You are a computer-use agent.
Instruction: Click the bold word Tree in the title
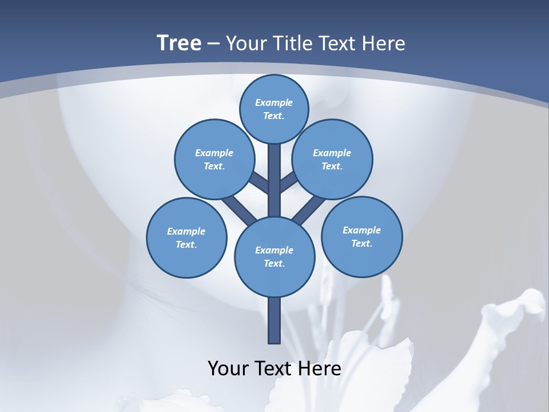pos(179,43)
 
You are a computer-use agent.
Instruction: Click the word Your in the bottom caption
pos(228,369)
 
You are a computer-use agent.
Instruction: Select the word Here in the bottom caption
pos(320,369)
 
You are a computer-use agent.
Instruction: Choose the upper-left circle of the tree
pos(214,159)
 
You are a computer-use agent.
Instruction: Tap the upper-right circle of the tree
pos(332,159)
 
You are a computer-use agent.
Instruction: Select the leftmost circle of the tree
pos(186,237)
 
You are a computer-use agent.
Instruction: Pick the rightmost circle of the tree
pos(362,236)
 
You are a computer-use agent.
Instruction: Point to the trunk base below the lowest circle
pos(274,320)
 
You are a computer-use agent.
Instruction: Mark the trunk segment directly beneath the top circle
pos(274,172)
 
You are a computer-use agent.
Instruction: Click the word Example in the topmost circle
pos(274,102)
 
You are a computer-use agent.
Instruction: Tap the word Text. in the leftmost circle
pos(186,244)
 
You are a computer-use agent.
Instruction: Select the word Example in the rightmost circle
pos(361,230)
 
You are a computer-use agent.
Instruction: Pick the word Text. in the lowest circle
pos(274,263)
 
